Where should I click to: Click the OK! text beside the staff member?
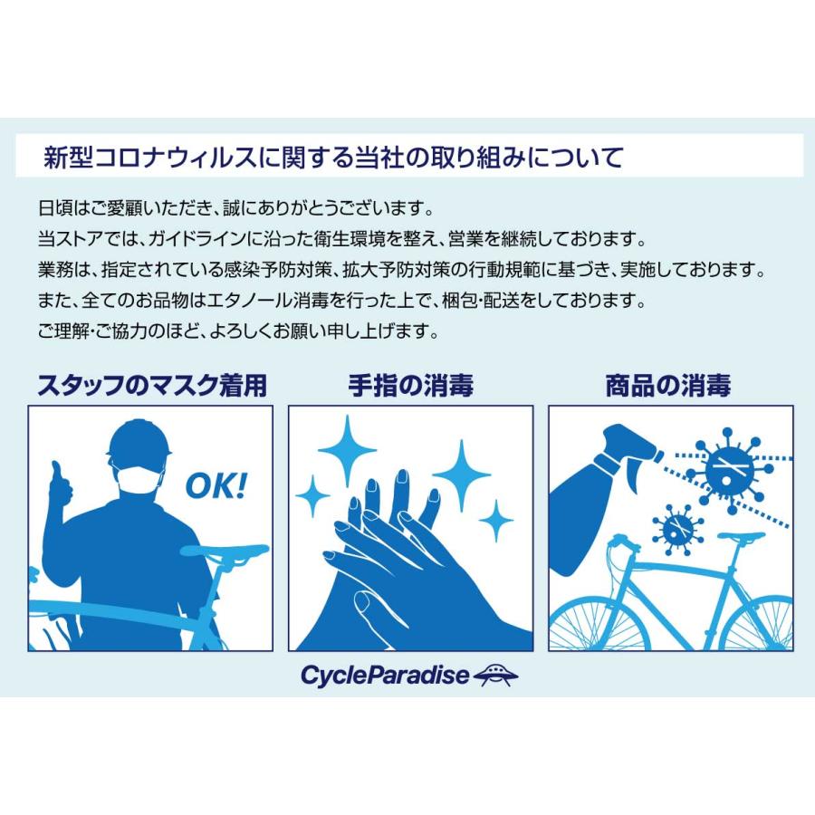[216, 486]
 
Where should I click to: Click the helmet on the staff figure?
[139, 438]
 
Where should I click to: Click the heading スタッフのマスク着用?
[152, 385]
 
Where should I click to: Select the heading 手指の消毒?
[410, 385]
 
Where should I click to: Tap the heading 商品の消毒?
[668, 385]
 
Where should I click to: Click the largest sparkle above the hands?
[347, 451]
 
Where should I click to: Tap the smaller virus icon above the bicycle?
[677, 530]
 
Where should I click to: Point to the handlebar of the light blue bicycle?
[624, 542]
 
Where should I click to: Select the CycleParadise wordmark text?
[385, 676]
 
